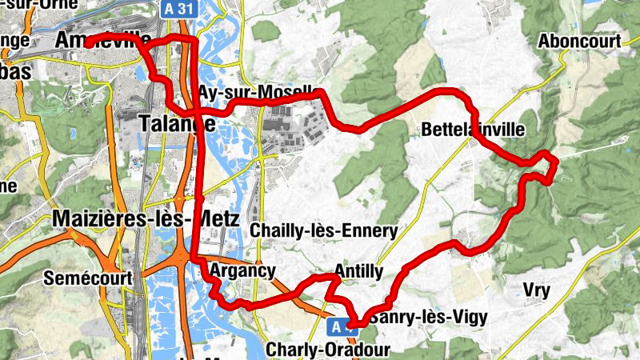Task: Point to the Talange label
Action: pos(176,123)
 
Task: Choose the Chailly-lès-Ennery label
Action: pos(324,231)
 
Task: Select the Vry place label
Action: pos(536,290)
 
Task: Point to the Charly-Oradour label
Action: pos(327,350)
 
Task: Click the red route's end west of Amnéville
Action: pos(87,43)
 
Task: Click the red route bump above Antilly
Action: pos(327,277)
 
